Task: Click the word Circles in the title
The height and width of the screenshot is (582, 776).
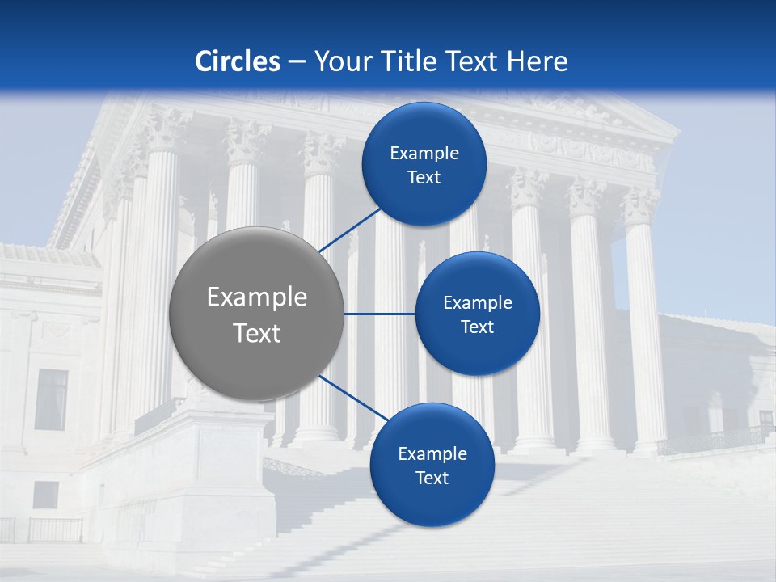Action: (237, 61)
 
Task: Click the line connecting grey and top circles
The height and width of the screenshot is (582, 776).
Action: (349, 230)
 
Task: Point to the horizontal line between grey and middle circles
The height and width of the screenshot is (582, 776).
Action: (379, 314)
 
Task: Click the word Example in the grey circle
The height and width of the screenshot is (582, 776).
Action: (257, 297)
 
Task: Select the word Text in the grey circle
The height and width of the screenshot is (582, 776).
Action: (257, 332)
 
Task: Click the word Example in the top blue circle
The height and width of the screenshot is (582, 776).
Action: (424, 153)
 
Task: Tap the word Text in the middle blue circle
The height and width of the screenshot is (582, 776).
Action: (477, 327)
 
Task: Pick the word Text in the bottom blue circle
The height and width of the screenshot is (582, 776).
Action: (432, 478)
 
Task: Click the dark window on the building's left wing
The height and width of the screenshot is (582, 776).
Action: (51, 399)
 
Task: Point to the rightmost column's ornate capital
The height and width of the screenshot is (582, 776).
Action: (639, 205)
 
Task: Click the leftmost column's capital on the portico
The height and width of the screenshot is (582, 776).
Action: (166, 129)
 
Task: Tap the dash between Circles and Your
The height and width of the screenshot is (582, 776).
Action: (297, 61)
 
